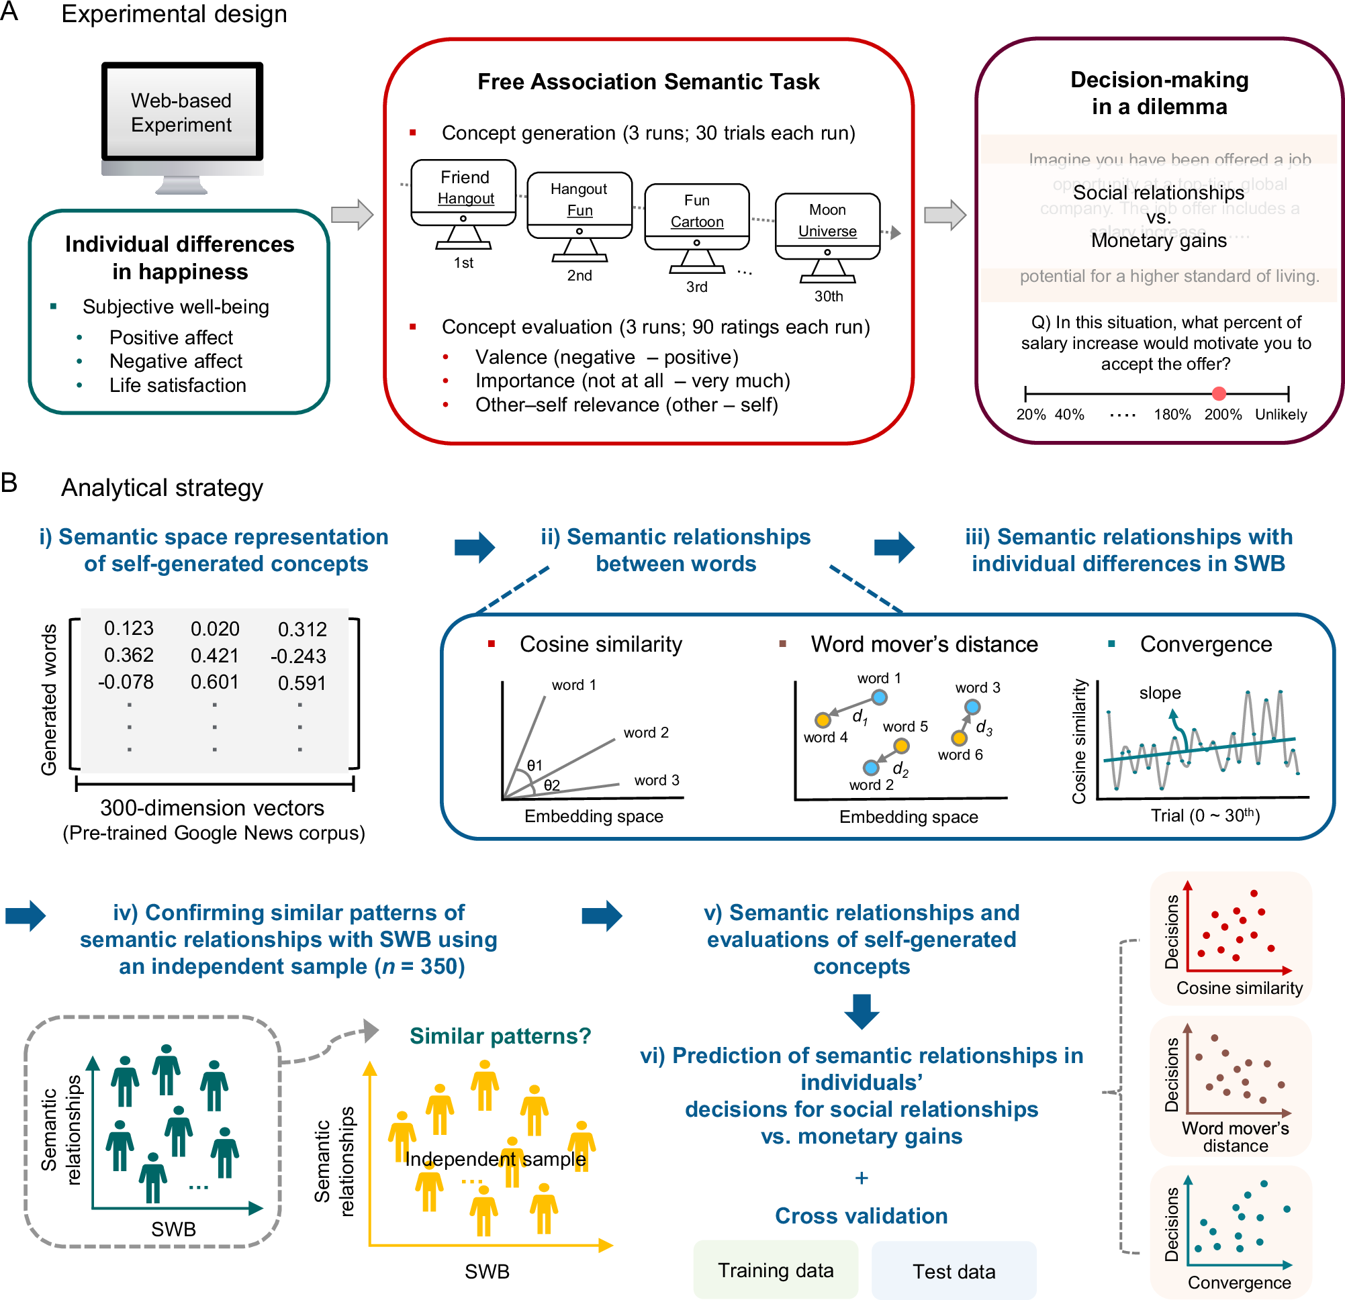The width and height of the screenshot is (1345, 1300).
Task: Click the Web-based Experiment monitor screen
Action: pos(182,113)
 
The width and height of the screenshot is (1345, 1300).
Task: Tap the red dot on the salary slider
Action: pos(1219,393)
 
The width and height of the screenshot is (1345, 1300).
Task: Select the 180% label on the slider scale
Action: pos(1172,414)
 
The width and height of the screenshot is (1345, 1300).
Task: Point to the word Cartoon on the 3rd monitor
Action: pos(696,221)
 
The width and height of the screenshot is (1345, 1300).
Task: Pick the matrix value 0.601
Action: pos(215,682)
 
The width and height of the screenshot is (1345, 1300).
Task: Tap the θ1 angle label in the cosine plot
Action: pos(534,765)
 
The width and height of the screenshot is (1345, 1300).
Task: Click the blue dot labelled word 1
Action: pos(879,697)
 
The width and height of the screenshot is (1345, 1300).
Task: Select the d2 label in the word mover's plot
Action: pos(900,770)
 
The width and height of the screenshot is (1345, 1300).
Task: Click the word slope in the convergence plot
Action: pos(1160,693)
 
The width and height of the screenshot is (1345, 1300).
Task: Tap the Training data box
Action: pos(776,1270)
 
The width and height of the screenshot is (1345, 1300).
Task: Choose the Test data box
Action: pos(953,1271)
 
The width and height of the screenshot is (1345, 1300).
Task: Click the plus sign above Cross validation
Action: pos(862,1178)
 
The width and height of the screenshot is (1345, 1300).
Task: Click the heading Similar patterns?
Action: pos(500,1035)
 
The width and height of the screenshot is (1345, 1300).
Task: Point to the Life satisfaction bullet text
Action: pos(178,385)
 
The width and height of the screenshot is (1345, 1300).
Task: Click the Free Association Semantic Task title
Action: pos(648,82)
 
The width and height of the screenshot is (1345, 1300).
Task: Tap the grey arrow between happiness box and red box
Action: pos(352,215)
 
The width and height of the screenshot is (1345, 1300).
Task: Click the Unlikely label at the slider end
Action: pos(1281,414)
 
